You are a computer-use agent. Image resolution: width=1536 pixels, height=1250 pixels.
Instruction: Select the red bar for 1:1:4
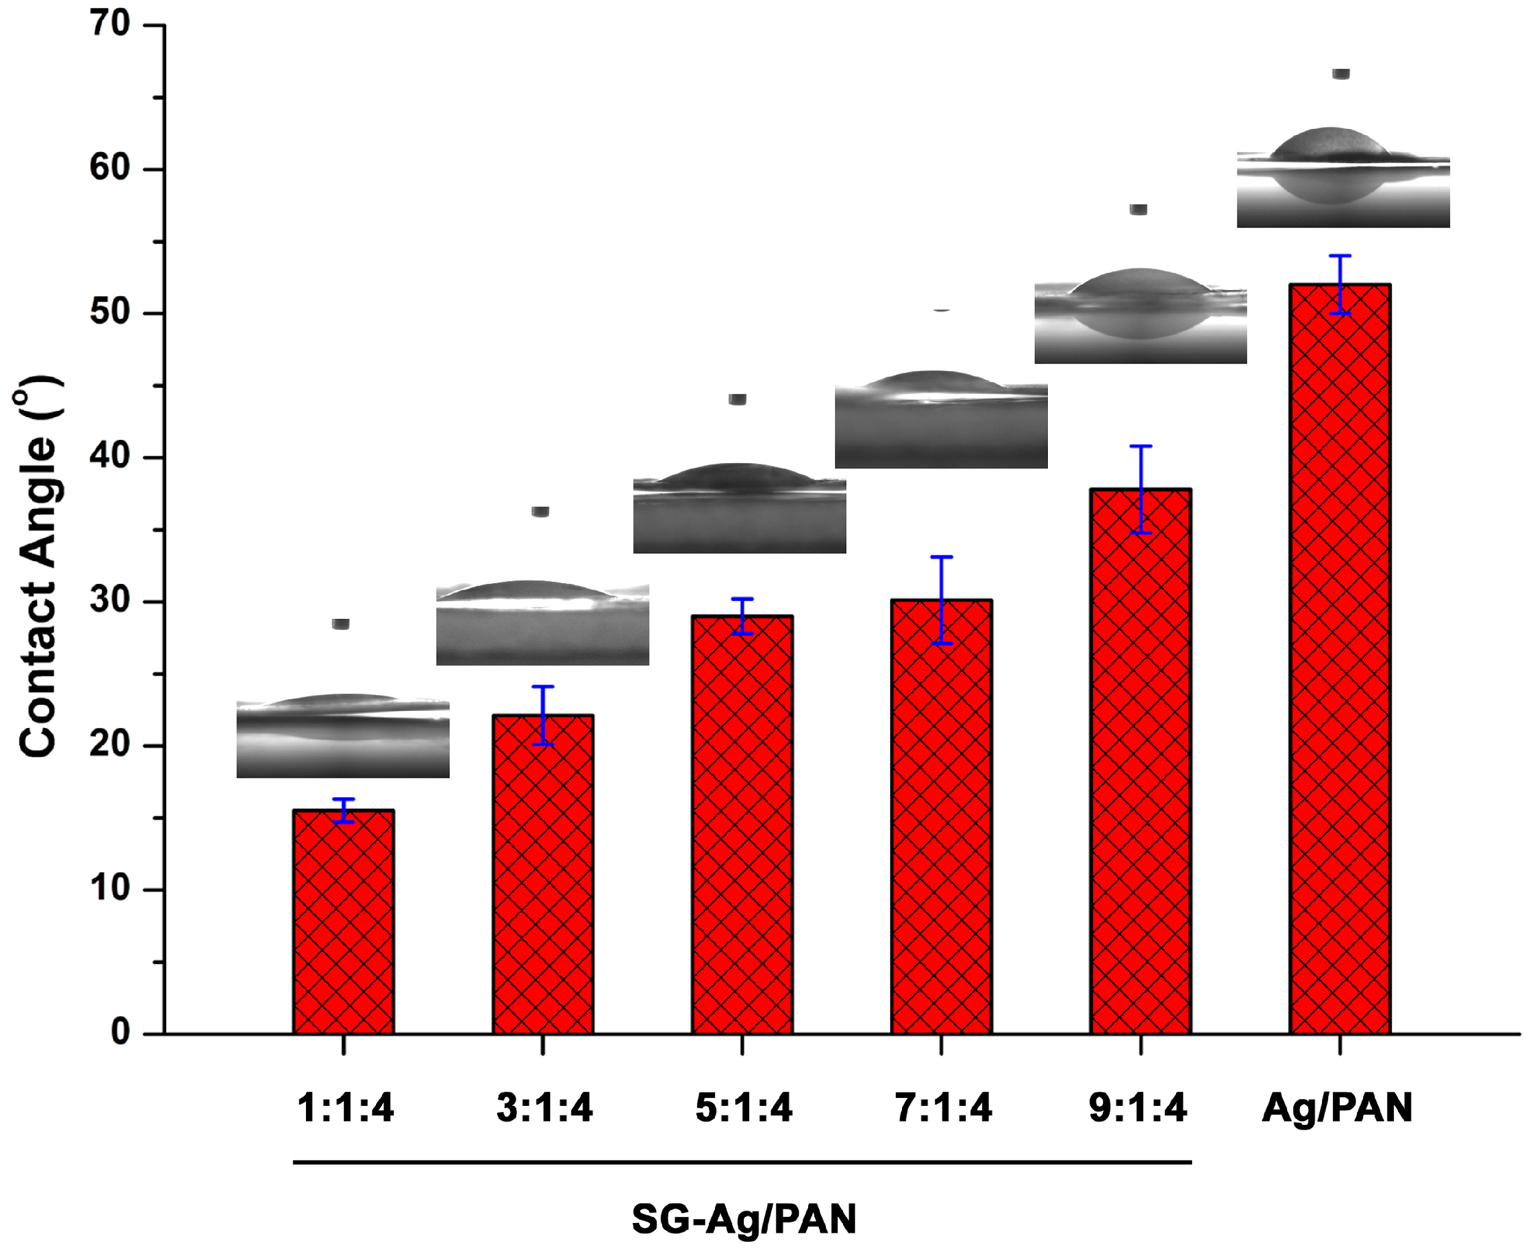tap(343, 922)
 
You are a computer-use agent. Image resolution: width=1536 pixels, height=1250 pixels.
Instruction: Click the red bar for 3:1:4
tap(543, 875)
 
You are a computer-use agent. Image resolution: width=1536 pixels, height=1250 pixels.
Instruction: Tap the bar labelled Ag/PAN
tap(1340, 659)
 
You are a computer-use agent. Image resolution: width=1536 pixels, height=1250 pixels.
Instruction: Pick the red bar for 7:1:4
tap(941, 817)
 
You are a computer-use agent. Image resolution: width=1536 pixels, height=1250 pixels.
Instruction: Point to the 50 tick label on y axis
tap(109, 313)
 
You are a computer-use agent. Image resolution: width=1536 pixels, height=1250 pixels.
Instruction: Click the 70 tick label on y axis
tap(109, 25)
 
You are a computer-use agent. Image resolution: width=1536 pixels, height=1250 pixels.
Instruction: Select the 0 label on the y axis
tap(120, 1032)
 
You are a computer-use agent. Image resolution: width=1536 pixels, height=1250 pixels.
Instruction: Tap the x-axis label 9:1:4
tap(1137, 1108)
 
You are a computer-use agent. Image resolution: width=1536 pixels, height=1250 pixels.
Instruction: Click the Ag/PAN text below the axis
tap(1337, 1108)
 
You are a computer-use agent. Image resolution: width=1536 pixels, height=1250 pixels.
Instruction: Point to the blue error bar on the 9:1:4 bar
tap(1141, 489)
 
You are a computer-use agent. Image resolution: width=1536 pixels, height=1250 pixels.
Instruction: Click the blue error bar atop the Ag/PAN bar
tap(1340, 285)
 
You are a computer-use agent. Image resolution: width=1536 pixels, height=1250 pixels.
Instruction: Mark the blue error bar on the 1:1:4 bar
tap(343, 810)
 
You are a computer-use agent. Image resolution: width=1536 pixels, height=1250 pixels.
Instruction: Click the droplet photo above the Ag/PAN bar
tap(1343, 180)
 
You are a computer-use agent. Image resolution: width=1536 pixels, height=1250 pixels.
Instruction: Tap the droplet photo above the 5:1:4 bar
tap(739, 508)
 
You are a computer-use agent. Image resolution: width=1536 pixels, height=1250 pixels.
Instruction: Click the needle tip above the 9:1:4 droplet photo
tap(1138, 210)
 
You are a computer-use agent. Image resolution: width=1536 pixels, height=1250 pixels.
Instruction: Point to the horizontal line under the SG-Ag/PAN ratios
tap(742, 1162)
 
